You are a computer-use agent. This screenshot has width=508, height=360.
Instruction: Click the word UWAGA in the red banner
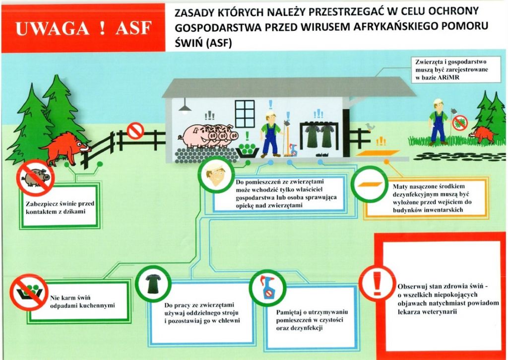52,28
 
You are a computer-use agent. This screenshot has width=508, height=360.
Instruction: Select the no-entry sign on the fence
135,131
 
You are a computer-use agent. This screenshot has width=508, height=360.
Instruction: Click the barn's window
245,114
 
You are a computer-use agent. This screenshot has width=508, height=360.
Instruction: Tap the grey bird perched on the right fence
369,127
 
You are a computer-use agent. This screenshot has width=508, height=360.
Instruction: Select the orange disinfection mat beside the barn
378,153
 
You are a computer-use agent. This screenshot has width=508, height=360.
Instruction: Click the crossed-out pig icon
35,178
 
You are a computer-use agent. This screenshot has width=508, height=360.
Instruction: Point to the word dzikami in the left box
74,212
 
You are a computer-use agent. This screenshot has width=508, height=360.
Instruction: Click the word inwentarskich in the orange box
441,210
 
